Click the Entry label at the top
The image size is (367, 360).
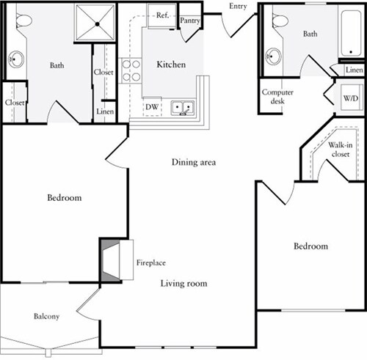click(x=239, y=7)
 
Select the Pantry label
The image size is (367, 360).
click(x=191, y=21)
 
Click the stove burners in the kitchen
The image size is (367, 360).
click(x=131, y=70)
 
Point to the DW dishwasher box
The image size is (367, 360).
click(x=153, y=106)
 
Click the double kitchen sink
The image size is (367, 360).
click(x=182, y=109)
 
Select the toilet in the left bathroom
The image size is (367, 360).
click(x=23, y=22)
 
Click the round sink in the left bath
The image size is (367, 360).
click(x=15, y=59)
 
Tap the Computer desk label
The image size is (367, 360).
click(x=277, y=97)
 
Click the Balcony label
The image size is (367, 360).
click(x=46, y=317)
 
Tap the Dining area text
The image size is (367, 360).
click(x=193, y=162)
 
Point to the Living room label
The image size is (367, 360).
click(x=184, y=283)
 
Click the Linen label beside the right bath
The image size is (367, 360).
click(x=354, y=70)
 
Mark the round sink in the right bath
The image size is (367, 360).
click(x=275, y=56)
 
